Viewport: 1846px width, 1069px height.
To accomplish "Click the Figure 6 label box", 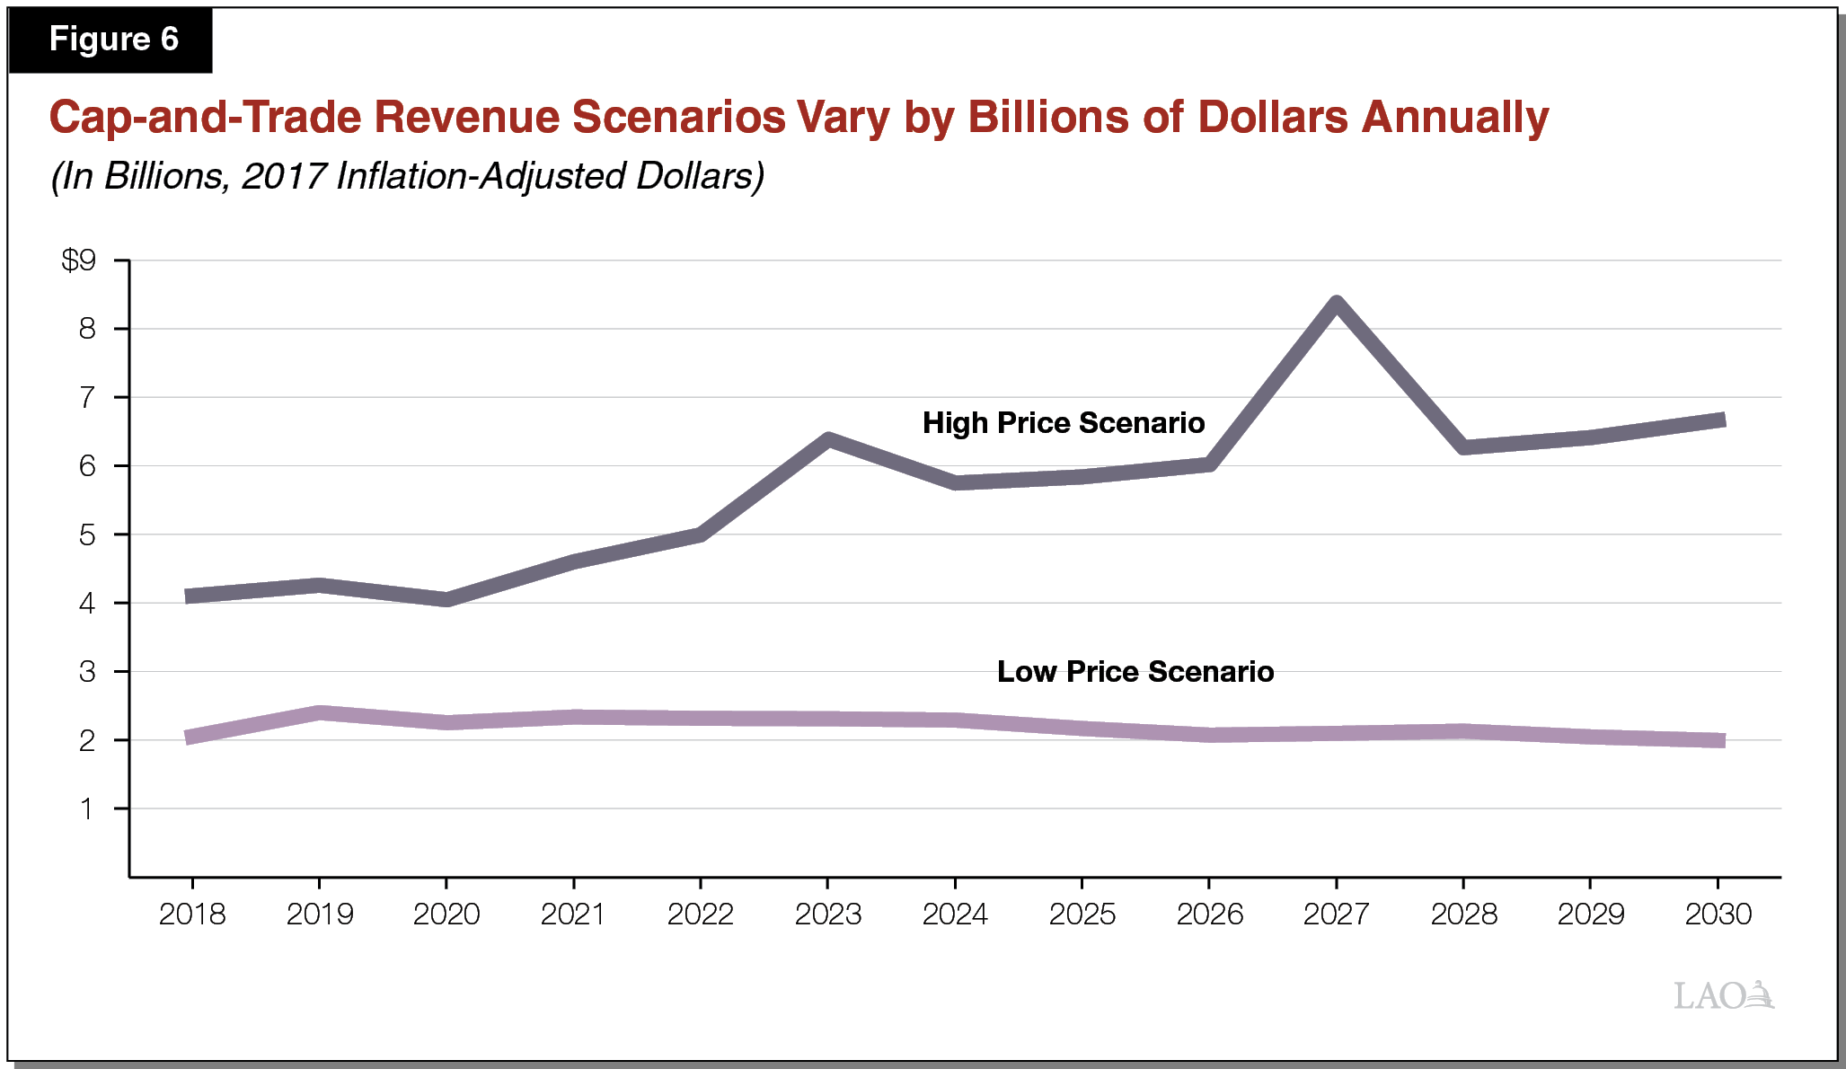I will click(111, 40).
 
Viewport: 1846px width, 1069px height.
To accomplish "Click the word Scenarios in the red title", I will click(678, 117).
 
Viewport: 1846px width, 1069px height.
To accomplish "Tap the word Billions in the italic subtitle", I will click(163, 176).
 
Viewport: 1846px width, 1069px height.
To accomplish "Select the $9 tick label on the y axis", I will click(78, 261).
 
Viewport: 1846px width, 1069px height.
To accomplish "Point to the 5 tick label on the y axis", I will click(87, 535).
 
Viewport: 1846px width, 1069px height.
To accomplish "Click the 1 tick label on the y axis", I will click(87, 809).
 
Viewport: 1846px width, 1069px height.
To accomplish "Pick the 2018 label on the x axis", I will click(192, 914).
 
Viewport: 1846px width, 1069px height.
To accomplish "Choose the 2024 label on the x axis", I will click(955, 914).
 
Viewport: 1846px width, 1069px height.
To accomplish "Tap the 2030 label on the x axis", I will click(1718, 914).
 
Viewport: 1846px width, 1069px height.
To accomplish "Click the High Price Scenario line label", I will click(1064, 423).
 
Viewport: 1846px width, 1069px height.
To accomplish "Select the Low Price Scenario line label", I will click(1135, 672).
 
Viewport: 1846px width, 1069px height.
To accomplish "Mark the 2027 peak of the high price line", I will click(1337, 304).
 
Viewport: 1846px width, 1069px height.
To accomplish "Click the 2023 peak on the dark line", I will click(828, 439).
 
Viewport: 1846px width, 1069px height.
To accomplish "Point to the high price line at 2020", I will click(446, 599).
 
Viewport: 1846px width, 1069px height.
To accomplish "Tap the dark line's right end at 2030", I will click(1719, 420).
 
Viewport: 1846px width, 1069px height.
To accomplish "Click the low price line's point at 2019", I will click(320, 713).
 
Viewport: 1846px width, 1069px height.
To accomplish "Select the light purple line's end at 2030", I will click(1719, 740).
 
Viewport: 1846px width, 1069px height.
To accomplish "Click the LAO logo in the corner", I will click(1723, 995).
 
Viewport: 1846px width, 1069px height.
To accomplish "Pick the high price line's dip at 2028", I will click(1464, 446).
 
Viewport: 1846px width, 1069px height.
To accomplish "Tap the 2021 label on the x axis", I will click(573, 914).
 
